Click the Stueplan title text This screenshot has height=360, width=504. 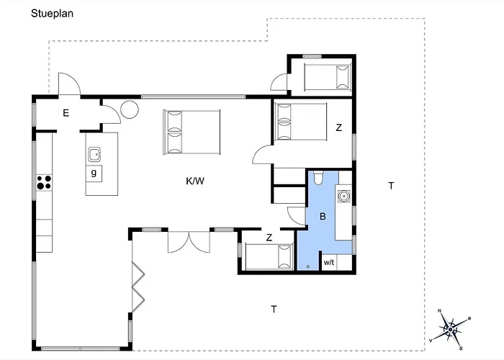tap(52, 14)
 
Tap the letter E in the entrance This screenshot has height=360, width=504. tap(66, 113)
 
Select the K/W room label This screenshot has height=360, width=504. tap(195, 181)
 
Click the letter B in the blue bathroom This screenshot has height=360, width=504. tap(323, 216)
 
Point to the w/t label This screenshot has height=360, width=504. tap(329, 262)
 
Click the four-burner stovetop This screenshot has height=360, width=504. tap(44, 182)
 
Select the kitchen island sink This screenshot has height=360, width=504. tap(94, 155)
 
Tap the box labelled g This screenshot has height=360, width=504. tap(94, 174)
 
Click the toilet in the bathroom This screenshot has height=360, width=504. tap(318, 178)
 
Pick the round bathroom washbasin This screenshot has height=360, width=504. tap(343, 196)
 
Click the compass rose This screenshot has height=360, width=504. tap(450, 329)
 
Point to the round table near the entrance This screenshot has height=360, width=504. tap(130, 109)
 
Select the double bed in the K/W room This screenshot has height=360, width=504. tap(192, 132)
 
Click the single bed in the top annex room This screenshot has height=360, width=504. tap(328, 77)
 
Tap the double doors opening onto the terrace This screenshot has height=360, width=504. tap(189, 242)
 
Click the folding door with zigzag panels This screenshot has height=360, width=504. tap(138, 287)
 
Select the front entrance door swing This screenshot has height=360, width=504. tap(69, 84)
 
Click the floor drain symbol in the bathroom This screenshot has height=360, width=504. tap(308, 266)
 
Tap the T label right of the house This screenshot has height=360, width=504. tap(391, 186)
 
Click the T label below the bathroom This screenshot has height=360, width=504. tap(274, 309)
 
